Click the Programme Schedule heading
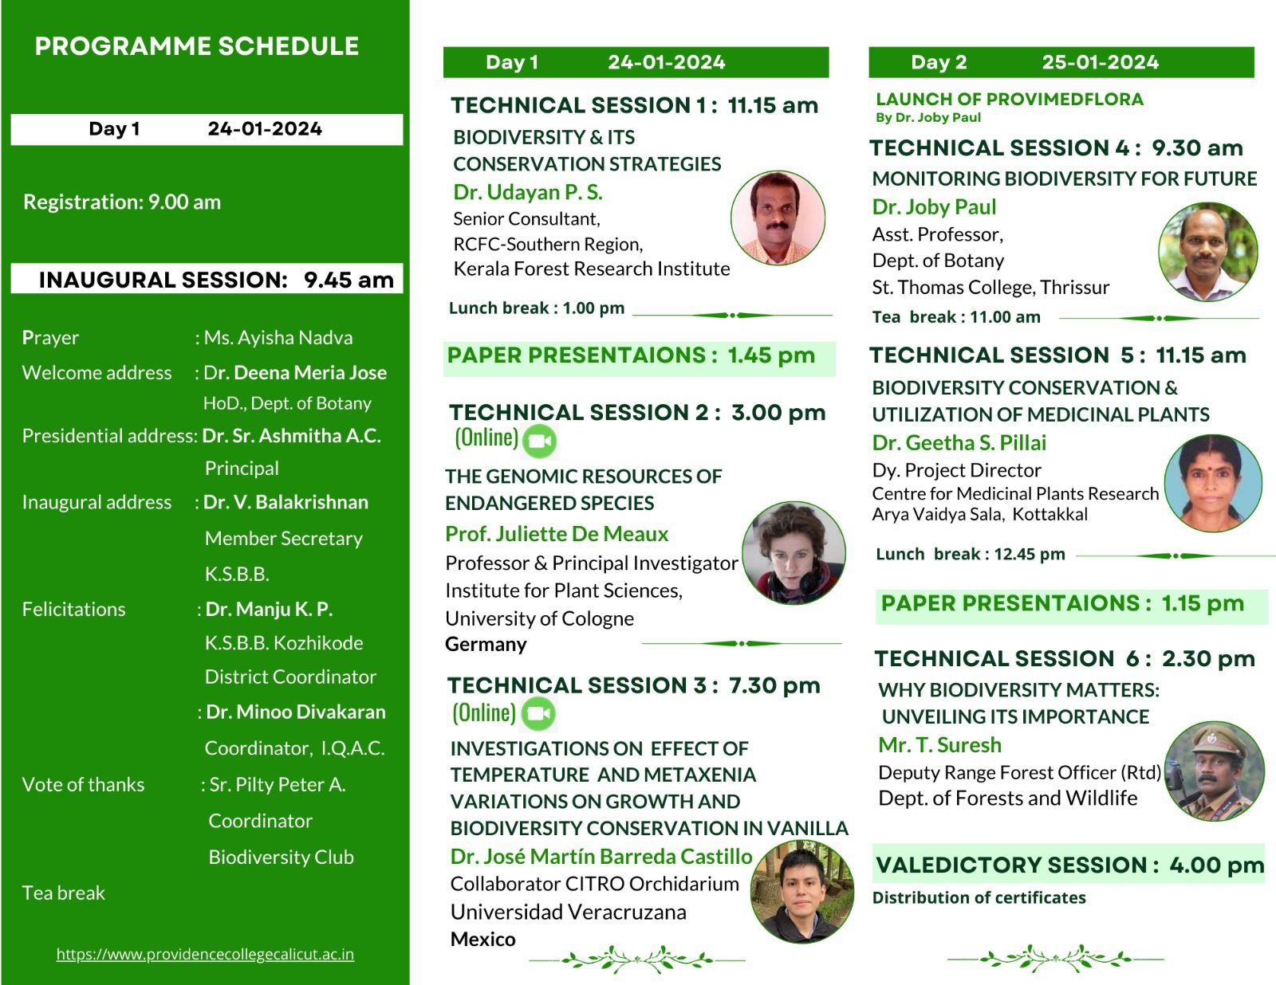tap(197, 46)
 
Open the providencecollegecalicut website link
tap(205, 954)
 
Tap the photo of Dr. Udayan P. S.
tap(778, 218)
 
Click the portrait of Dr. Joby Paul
tap(1208, 252)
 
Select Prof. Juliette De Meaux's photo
tap(794, 552)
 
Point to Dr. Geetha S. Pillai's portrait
tap(1212, 483)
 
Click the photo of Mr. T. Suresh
tap(1214, 771)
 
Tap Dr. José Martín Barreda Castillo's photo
tap(802, 892)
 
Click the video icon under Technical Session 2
tap(540, 441)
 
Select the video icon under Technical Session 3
tap(538, 713)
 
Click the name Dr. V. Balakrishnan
tap(286, 502)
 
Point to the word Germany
tap(486, 644)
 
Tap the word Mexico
tap(482, 940)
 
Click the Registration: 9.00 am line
tap(122, 202)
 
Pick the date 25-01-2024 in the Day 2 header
tap(1101, 62)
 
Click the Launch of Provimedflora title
tap(1010, 99)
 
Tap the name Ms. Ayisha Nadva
tap(278, 338)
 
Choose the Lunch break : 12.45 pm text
tap(970, 555)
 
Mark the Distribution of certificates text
tap(979, 897)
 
